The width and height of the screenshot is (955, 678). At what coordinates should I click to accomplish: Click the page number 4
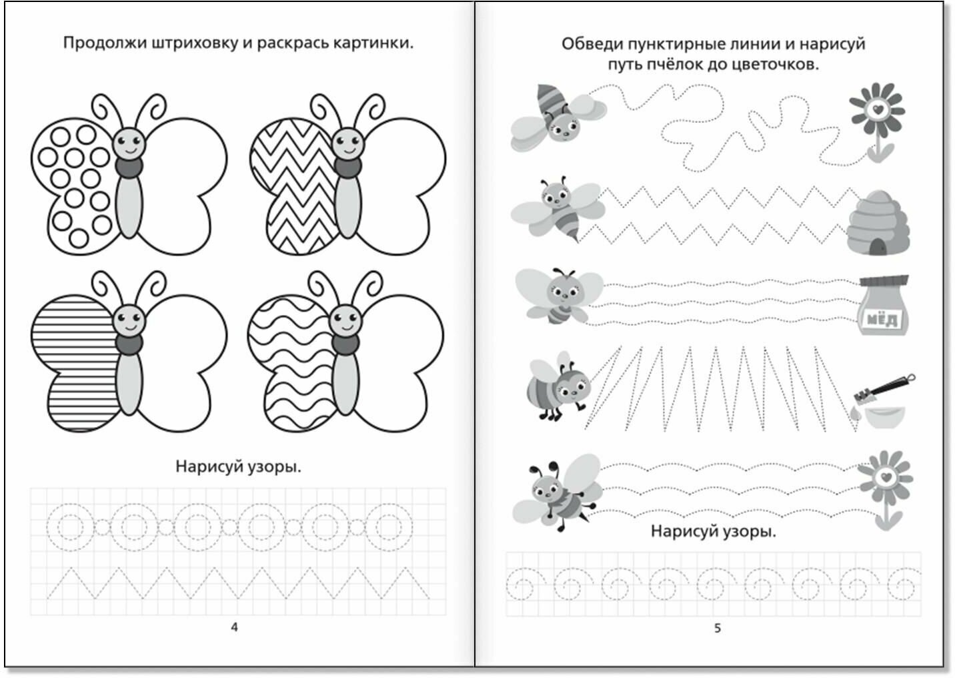tap(234, 627)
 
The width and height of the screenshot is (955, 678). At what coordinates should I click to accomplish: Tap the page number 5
tap(718, 628)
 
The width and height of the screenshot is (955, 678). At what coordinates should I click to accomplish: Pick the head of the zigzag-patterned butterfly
tap(347, 141)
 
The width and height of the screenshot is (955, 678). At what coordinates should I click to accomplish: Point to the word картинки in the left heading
tap(377, 43)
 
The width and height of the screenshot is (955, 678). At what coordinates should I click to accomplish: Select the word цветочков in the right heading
tap(778, 65)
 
